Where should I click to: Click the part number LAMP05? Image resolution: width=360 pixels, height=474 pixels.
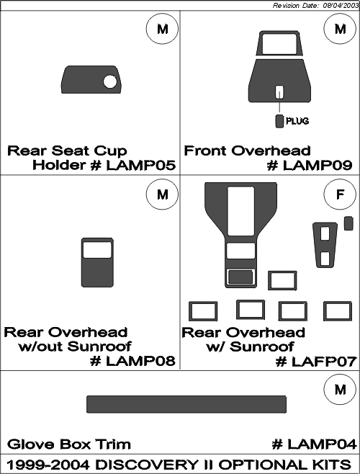[141, 166]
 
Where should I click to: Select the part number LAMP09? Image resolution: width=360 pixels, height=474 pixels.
[318, 166]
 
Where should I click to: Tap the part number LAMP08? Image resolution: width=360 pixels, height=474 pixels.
[141, 361]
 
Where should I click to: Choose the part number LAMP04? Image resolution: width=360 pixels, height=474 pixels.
[322, 444]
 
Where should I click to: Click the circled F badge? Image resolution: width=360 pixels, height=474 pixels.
[340, 194]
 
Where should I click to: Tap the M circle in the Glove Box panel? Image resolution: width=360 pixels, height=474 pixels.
[340, 389]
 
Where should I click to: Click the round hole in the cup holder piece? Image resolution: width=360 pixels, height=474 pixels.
[109, 81]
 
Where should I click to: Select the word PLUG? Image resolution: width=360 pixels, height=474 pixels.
[297, 121]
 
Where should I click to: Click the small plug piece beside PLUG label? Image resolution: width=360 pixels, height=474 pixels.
[279, 121]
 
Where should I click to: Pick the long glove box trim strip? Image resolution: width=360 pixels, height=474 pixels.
[186, 404]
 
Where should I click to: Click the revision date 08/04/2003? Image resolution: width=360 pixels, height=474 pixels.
[341, 6]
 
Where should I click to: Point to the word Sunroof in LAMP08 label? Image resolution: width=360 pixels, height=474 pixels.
[99, 346]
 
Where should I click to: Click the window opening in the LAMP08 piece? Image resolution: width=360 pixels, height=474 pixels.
[97, 250]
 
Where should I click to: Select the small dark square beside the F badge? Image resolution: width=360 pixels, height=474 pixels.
[348, 223]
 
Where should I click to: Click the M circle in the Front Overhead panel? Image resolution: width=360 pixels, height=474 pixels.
[340, 29]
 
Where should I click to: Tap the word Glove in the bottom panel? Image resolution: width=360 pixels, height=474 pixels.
[31, 444]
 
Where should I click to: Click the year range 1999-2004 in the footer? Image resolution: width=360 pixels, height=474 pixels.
[49, 465]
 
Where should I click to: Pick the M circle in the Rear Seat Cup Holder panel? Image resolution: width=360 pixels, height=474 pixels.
[162, 29]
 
